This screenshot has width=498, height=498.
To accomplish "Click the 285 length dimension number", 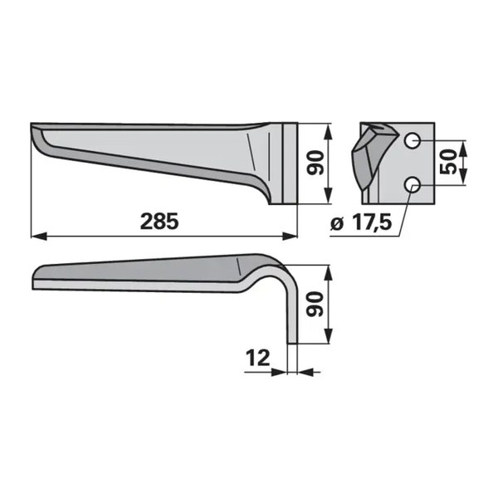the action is click(159, 221).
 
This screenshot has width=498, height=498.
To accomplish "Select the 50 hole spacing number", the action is click(448, 162).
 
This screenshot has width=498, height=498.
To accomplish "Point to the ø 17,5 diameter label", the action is click(361, 223).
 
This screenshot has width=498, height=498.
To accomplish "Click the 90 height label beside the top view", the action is click(315, 163).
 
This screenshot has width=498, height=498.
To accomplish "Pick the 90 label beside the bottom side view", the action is click(315, 305).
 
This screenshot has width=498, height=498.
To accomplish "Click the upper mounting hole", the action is click(413, 140).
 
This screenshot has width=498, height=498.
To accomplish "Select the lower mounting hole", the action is click(413, 184).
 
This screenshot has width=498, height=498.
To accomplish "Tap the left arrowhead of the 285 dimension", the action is click(39, 237).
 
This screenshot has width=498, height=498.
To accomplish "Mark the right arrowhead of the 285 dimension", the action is click(290, 237).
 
